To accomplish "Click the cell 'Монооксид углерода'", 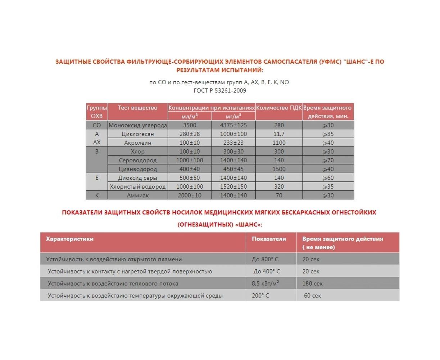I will click(138, 125).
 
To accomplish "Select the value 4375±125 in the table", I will click(233, 125).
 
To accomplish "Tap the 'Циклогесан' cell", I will click(138, 134).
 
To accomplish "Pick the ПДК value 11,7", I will click(279, 134).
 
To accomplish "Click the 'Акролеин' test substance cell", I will click(138, 143).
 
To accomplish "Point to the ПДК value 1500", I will click(279, 169).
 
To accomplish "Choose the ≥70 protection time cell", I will click(328, 160).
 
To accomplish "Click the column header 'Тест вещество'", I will click(138, 108).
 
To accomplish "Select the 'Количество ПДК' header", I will click(279, 108).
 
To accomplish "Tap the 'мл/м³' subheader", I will click(190, 116).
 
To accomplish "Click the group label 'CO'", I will click(97, 125).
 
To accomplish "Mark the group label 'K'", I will click(97, 195).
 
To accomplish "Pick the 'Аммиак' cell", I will click(138, 195).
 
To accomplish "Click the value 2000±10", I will click(190, 195).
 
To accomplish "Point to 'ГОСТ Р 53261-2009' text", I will click(220, 90).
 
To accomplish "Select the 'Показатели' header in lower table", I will click(269, 239).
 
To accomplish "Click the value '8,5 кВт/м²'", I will click(266, 283).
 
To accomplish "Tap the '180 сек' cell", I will click(312, 283).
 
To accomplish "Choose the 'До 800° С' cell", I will click(265, 259).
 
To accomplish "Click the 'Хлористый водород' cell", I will click(138, 186).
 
